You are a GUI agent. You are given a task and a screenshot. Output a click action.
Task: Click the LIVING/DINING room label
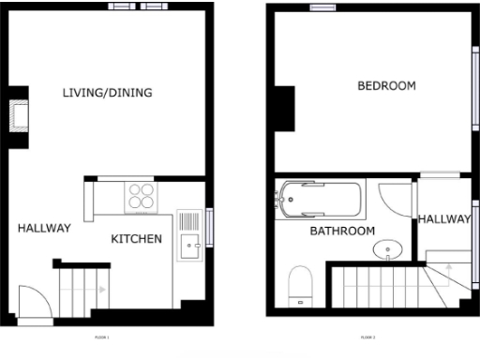point(107,93)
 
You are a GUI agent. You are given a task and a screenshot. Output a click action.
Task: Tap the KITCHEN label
point(137,239)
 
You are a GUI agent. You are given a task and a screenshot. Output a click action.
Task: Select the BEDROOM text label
point(386,86)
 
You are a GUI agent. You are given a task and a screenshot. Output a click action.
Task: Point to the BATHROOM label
point(342,231)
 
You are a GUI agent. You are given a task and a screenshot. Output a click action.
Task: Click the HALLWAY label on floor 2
point(443,219)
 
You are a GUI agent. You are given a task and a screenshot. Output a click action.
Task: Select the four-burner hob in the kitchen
point(142,196)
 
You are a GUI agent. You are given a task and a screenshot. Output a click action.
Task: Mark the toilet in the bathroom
point(301,283)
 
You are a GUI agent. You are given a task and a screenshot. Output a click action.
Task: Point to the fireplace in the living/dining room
point(19,117)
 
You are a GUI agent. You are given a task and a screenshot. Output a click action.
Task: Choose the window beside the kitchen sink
point(211,226)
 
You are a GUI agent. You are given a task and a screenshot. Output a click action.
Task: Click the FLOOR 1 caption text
point(101,337)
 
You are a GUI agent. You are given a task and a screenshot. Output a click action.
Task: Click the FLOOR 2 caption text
point(367,337)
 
